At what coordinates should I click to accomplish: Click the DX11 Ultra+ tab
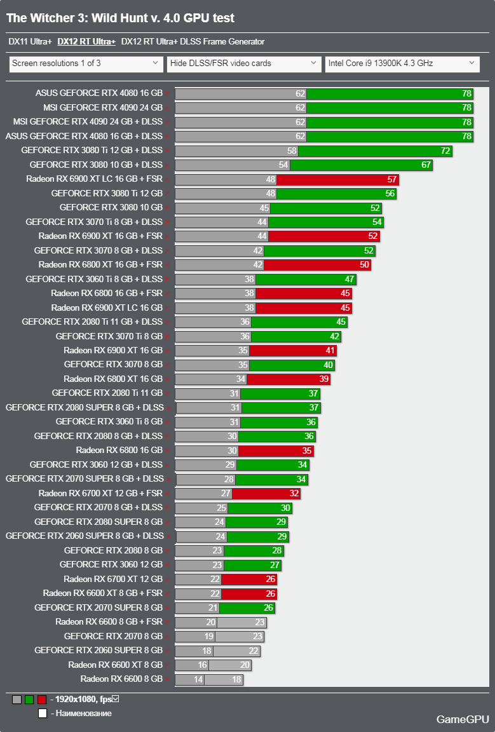coord(30,42)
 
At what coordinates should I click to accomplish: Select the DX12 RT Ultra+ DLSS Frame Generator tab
coord(193,42)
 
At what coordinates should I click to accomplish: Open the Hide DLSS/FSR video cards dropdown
coord(244,64)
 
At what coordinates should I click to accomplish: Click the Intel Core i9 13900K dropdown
coord(402,64)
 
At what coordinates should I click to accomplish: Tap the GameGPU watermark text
coord(463,719)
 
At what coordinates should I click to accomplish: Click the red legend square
coord(42,700)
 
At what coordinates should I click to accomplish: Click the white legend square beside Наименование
coord(42,714)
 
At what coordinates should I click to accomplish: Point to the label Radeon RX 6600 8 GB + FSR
coord(109,622)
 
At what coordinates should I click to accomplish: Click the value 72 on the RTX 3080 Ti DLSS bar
coord(445,151)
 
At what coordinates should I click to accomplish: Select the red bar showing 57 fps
coord(337,179)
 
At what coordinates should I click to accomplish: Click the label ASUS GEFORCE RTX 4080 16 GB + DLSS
coord(84,136)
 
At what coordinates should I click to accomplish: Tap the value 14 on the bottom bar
coord(198,679)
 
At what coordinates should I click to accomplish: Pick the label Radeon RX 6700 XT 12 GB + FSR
coord(100,493)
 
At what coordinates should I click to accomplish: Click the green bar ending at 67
coord(360,165)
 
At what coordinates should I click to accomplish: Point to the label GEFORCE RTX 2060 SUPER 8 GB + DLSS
coord(84,536)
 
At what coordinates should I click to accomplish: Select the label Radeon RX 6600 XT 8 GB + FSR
coord(102,593)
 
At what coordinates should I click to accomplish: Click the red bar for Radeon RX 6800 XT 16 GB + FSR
coord(316,265)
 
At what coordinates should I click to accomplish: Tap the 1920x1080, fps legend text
coord(83,699)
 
